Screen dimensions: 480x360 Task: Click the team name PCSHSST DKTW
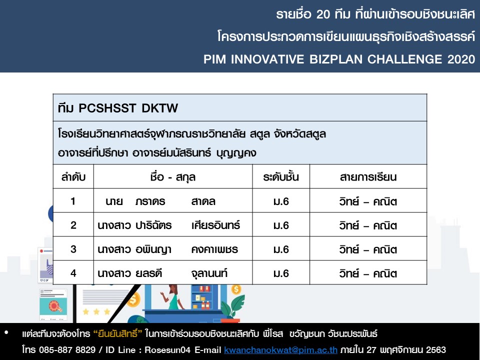pyautogui.click(x=128, y=108)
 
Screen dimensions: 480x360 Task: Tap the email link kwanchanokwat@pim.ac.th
pyautogui.click(x=280, y=349)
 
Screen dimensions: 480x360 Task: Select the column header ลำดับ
pyautogui.click(x=73, y=176)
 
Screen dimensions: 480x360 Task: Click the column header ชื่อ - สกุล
pyautogui.click(x=172, y=177)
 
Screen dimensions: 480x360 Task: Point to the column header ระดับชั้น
pyautogui.click(x=280, y=176)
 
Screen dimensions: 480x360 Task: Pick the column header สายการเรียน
pyautogui.click(x=368, y=177)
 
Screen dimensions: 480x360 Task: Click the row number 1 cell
pyautogui.click(x=73, y=201)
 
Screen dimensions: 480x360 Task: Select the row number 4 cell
pyautogui.click(x=73, y=273)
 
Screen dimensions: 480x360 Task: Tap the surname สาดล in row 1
pyautogui.click(x=203, y=201)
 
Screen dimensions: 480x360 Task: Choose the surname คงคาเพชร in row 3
pyautogui.click(x=214, y=249)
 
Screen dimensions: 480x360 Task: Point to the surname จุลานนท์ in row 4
pyautogui.click(x=209, y=273)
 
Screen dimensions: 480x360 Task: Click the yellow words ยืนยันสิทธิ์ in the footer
pyautogui.click(x=117, y=333)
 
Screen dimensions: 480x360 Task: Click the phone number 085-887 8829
pyautogui.click(x=67, y=349)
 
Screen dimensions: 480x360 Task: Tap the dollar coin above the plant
pyautogui.click(x=236, y=289)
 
